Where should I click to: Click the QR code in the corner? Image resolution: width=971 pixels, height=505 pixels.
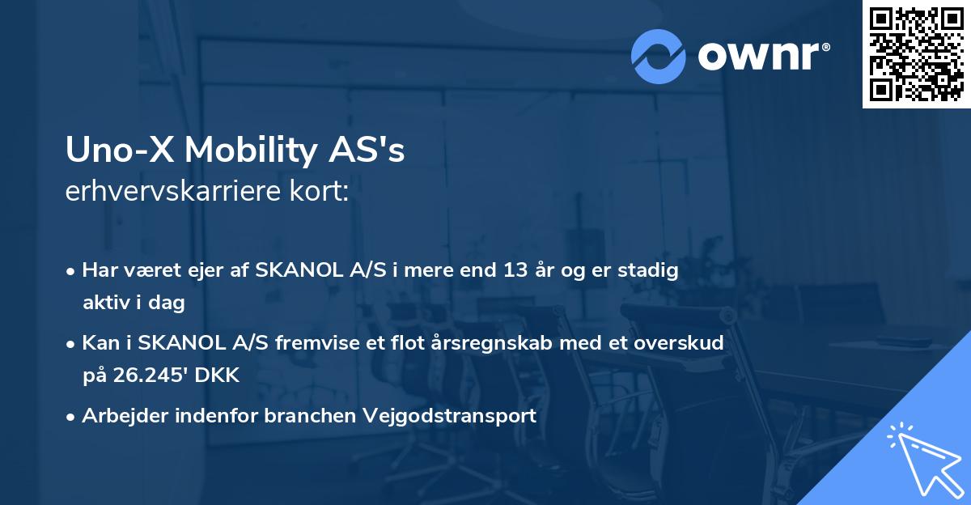(916, 54)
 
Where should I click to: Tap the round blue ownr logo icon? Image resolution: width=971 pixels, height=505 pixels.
(659, 56)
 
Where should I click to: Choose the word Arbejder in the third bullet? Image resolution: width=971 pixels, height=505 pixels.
(119, 416)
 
